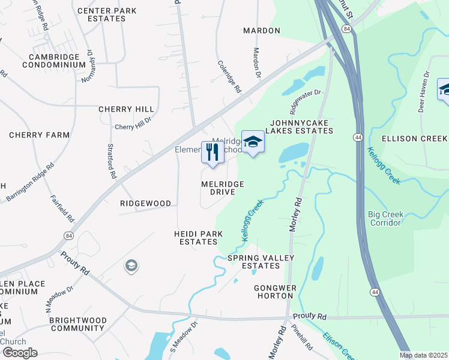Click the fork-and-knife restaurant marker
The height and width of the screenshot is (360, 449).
coord(212,152)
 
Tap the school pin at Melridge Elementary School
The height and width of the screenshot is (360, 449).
coord(253,142)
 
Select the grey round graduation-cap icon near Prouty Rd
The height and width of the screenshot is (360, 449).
coord(131,266)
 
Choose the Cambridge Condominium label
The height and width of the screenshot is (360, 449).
coord(53,61)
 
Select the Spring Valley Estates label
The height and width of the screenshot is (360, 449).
coord(261,262)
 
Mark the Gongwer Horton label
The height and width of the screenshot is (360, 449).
coord(276,292)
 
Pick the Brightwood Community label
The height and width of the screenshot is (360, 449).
coord(77,324)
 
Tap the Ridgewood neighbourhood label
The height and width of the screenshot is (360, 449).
coord(146,203)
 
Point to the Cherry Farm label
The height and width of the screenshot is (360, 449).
coord(40,135)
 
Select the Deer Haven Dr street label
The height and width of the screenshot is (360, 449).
coord(424,85)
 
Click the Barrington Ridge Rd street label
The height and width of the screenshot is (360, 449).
coord(30,182)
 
